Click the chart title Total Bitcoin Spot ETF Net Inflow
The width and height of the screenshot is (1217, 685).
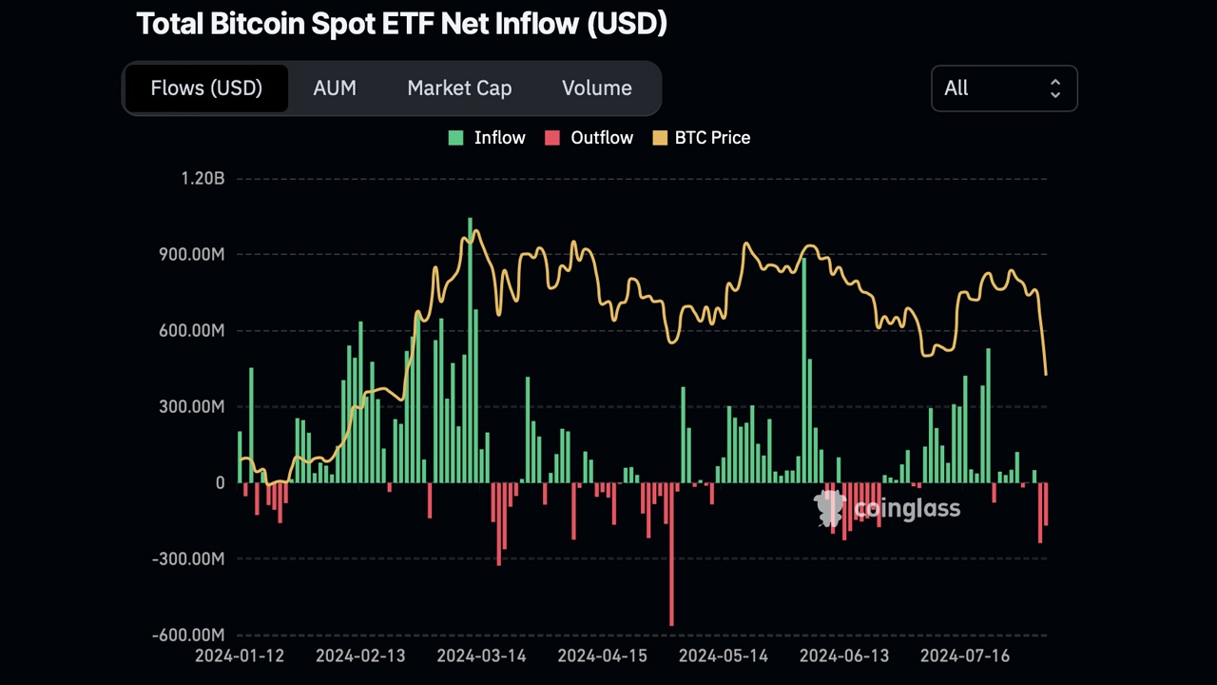[401, 24]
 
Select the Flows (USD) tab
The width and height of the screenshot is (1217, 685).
[206, 88]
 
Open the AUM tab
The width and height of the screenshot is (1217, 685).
[335, 88]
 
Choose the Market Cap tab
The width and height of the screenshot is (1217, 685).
[459, 88]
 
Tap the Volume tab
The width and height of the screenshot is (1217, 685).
[596, 88]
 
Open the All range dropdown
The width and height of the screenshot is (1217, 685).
[1004, 88]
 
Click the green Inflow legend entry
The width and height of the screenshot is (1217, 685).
[487, 138]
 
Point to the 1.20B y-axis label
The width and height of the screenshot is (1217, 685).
[203, 179]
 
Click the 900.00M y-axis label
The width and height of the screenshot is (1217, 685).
[190, 255]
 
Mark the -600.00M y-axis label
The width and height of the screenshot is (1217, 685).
[188, 636]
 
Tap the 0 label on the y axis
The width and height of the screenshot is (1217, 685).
[220, 483]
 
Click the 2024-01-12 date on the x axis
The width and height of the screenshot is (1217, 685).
[239, 656]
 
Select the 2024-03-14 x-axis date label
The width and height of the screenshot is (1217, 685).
[481, 656]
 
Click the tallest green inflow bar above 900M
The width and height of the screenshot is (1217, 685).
[470, 352]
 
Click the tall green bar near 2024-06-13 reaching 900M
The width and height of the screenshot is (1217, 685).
[804, 371]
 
